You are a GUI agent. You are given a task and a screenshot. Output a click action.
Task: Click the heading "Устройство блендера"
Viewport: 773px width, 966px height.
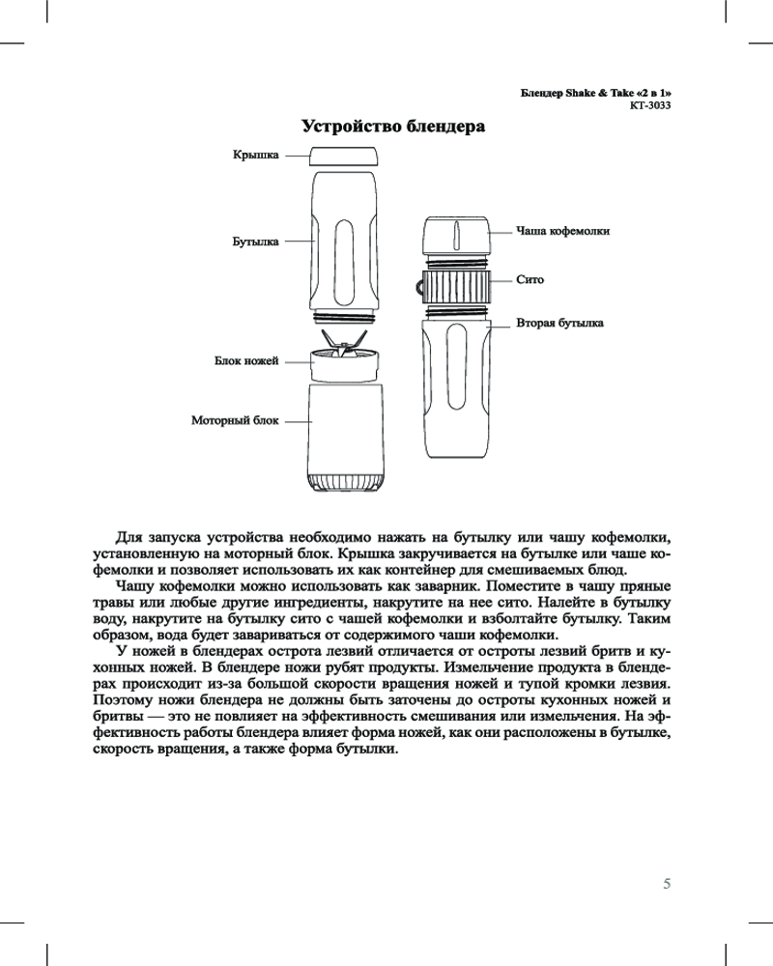(x=392, y=127)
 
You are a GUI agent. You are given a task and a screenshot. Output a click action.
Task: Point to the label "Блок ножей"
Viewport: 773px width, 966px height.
(x=245, y=361)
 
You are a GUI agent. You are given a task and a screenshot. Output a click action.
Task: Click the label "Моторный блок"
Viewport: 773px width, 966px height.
(x=234, y=421)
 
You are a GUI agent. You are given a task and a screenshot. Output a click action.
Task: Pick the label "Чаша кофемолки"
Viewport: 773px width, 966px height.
(x=562, y=231)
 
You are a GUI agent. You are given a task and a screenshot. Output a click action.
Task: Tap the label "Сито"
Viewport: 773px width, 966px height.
(x=530, y=280)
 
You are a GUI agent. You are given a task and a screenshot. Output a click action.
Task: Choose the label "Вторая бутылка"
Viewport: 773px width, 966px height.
(x=560, y=323)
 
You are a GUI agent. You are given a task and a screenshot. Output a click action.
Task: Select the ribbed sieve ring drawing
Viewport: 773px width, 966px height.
(x=457, y=287)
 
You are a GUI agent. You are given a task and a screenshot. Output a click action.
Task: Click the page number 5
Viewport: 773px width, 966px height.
(x=667, y=883)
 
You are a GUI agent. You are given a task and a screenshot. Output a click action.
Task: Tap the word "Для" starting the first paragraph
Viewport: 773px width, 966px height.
(x=129, y=537)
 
